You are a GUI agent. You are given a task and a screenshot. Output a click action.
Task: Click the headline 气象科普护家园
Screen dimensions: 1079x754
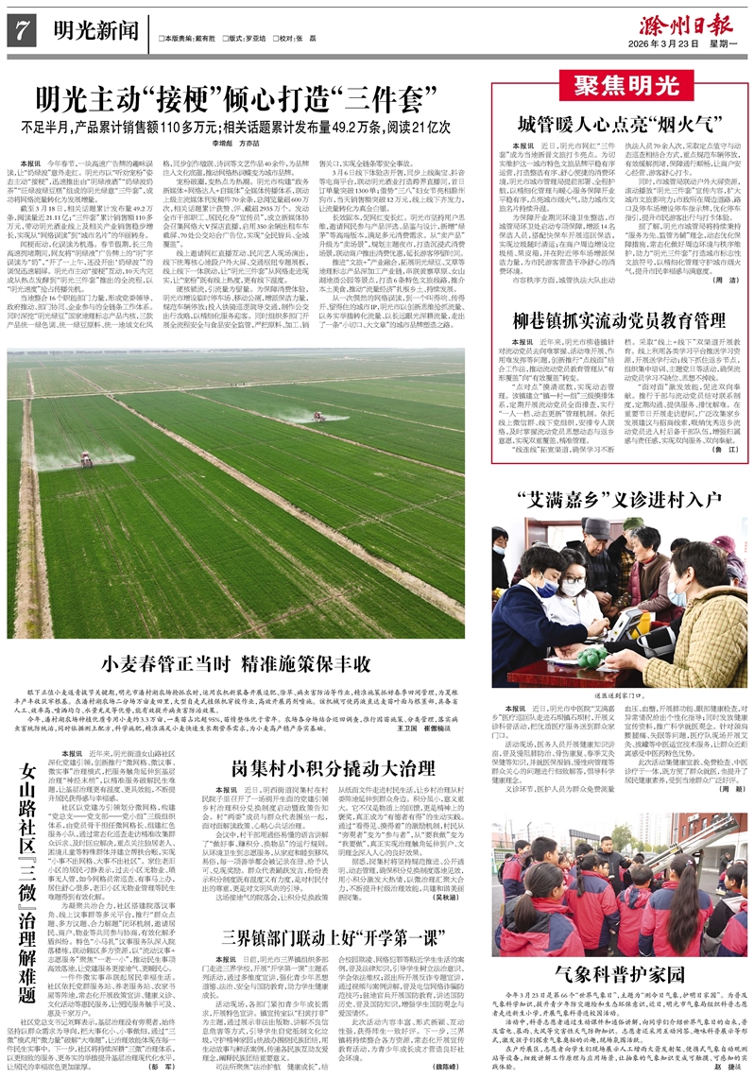coord(621,973)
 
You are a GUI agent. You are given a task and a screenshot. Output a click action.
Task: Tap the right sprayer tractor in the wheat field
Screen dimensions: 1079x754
coord(317,416)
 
